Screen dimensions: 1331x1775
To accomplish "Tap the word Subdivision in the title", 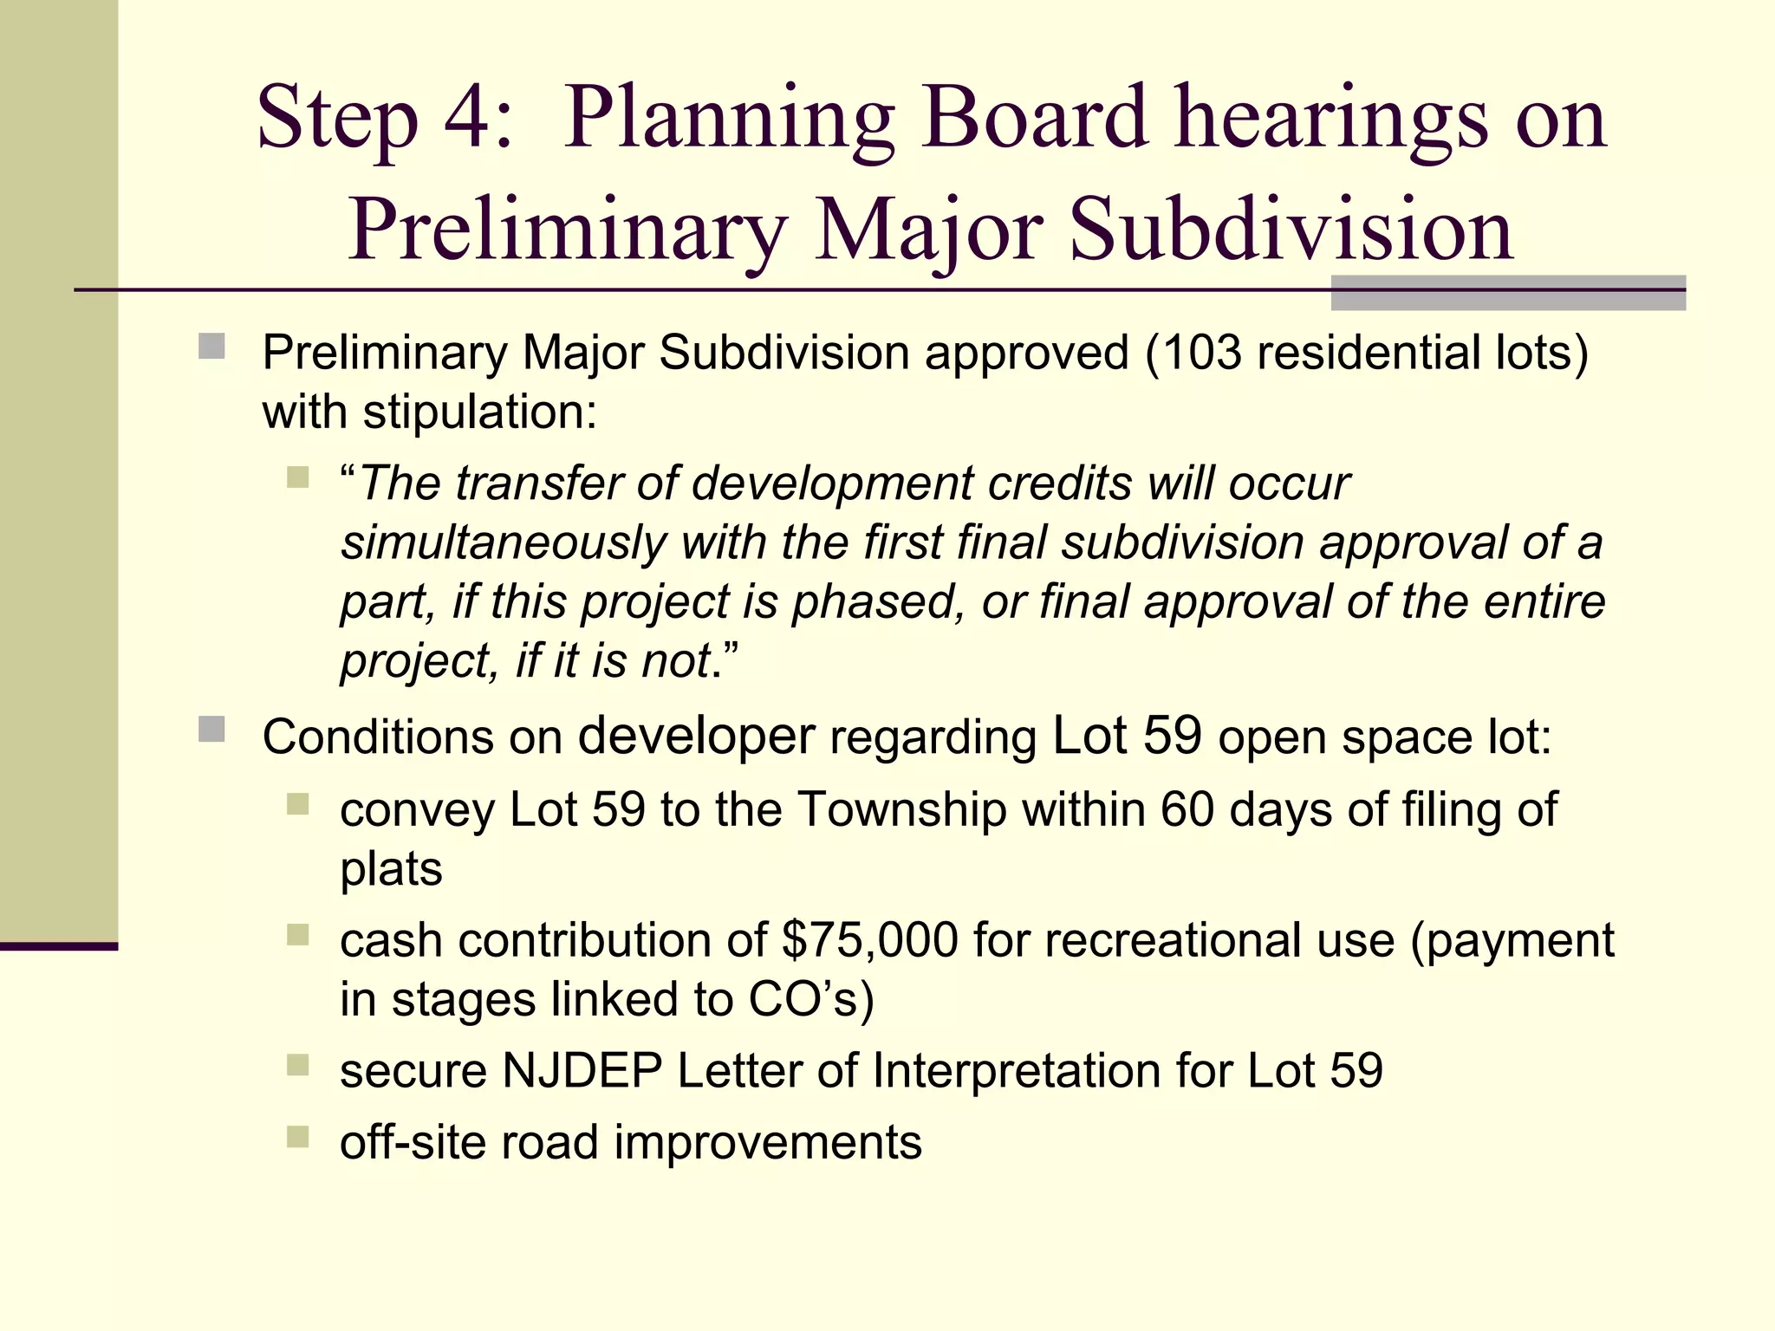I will (1291, 230).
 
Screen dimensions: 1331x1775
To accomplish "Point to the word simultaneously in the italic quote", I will (503, 543).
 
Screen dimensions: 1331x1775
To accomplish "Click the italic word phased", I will (878, 602).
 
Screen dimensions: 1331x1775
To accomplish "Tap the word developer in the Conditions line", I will (696, 737).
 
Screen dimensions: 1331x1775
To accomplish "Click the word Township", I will (902, 810).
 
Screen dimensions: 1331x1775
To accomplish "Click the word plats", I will (391, 869).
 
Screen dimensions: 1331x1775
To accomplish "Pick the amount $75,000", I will (869, 941).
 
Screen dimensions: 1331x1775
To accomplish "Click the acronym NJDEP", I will (582, 1071).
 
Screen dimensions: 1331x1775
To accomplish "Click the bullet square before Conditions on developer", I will (211, 730).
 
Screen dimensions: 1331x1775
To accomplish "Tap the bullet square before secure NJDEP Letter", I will (297, 1065).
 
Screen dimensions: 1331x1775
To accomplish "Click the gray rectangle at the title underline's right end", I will (1507, 293).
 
